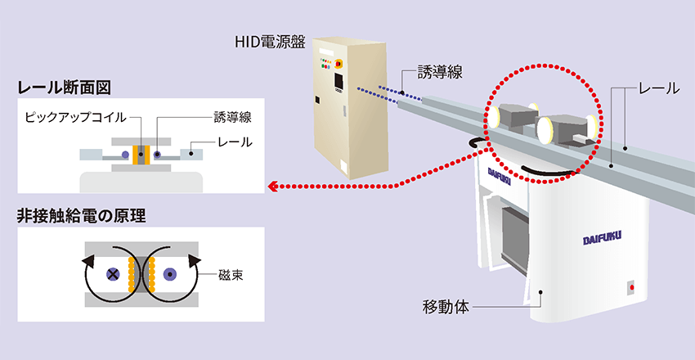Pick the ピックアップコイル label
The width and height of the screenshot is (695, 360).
(75, 117)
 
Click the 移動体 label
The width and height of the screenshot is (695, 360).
(445, 308)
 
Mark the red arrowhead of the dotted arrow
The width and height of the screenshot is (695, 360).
(273, 187)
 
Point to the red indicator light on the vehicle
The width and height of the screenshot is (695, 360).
(630, 287)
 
